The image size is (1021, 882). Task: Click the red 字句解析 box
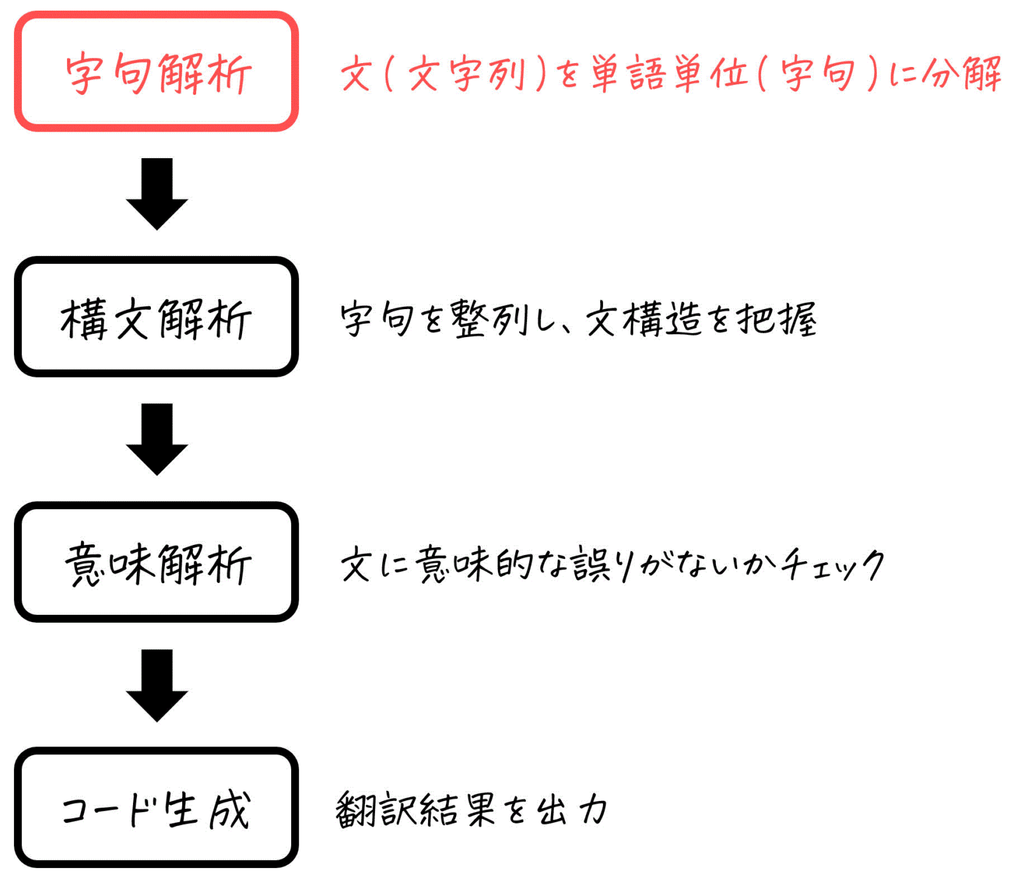156,72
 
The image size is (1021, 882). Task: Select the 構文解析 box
156,317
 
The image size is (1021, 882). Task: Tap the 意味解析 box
156,562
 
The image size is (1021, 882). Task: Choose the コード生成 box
156,808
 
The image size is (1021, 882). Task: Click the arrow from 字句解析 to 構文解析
157,193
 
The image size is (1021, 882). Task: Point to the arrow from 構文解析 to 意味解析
157,439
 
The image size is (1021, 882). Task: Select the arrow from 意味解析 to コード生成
157,685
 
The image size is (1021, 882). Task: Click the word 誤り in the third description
602,564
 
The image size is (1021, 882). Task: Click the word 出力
572,809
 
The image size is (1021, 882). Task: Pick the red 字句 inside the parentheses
818,72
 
